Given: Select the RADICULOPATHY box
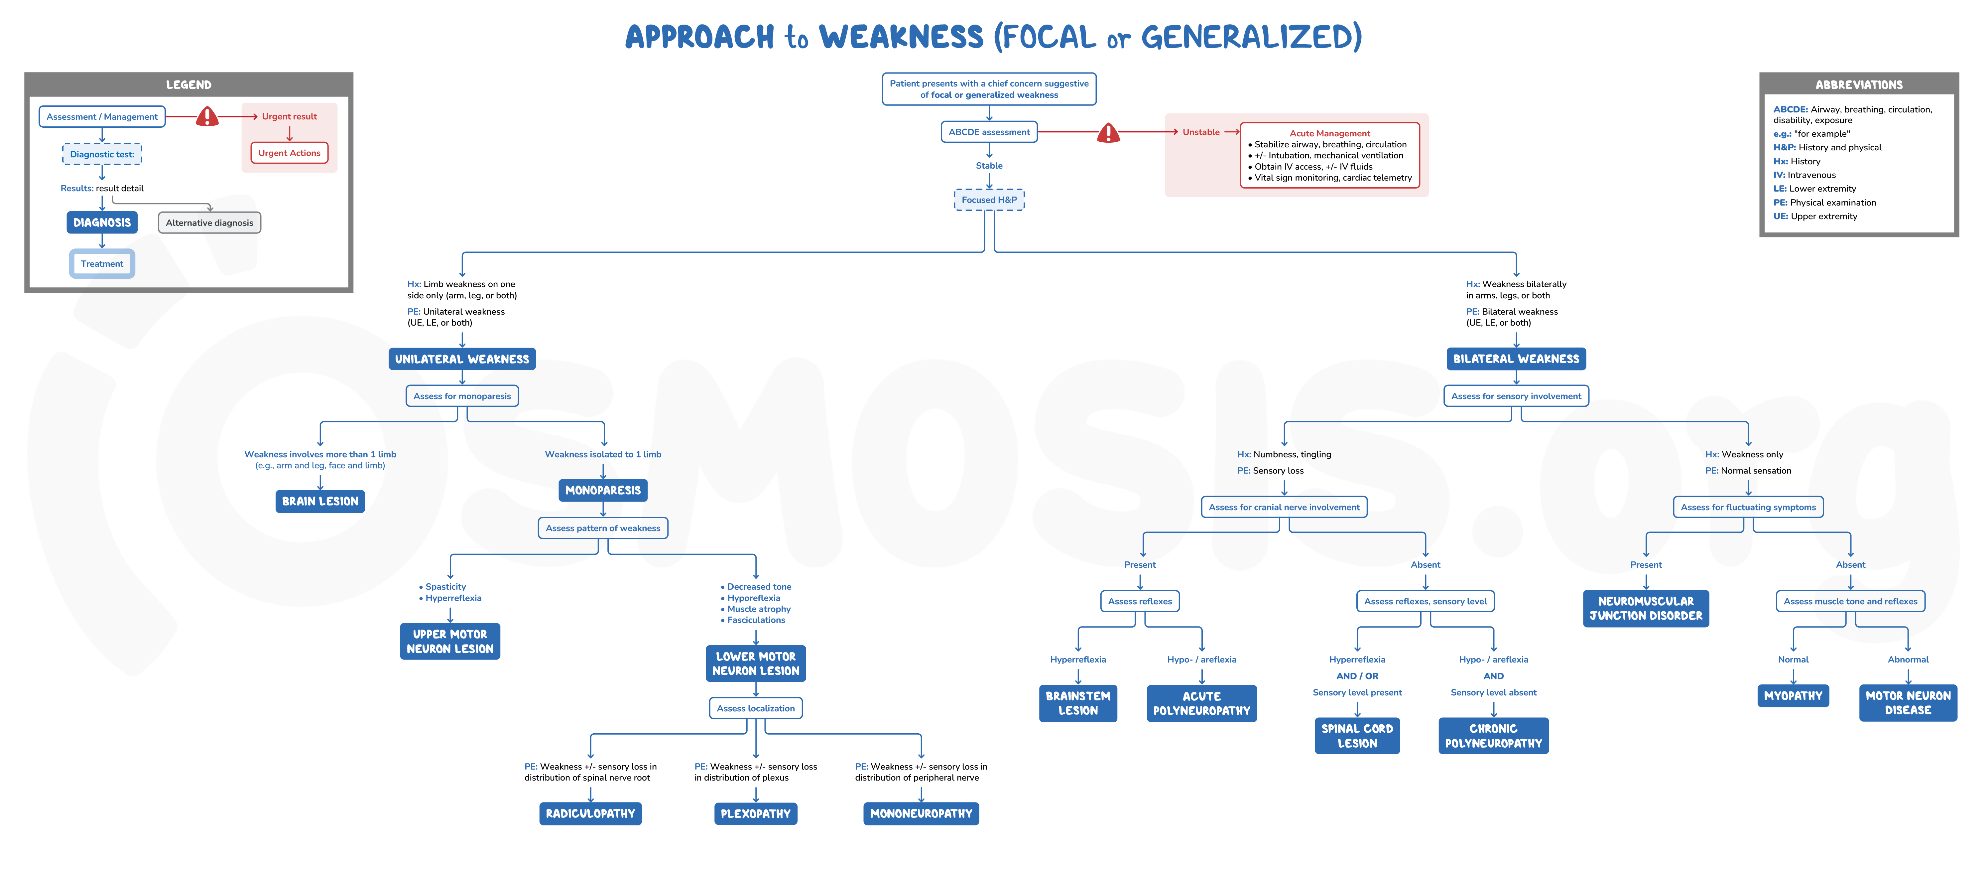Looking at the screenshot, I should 590,813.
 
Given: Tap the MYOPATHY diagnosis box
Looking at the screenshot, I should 1793,696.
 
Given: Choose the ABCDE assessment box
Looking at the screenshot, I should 989,132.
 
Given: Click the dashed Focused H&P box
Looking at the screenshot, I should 989,200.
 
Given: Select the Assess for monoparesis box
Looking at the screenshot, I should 462,396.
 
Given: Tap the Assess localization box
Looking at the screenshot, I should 755,708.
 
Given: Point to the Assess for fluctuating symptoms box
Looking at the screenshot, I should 1748,507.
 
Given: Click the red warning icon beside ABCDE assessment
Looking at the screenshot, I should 1108,133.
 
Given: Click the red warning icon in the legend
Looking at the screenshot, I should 207,116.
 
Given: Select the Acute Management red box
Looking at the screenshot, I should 1330,155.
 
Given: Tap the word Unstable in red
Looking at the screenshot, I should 1201,132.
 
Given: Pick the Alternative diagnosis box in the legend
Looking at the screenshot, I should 209,223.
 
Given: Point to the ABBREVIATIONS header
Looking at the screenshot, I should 1858,85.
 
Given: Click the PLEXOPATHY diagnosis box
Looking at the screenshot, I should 755,813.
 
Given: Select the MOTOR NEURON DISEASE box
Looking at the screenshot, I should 1908,703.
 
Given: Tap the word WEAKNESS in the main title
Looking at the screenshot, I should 901,37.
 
